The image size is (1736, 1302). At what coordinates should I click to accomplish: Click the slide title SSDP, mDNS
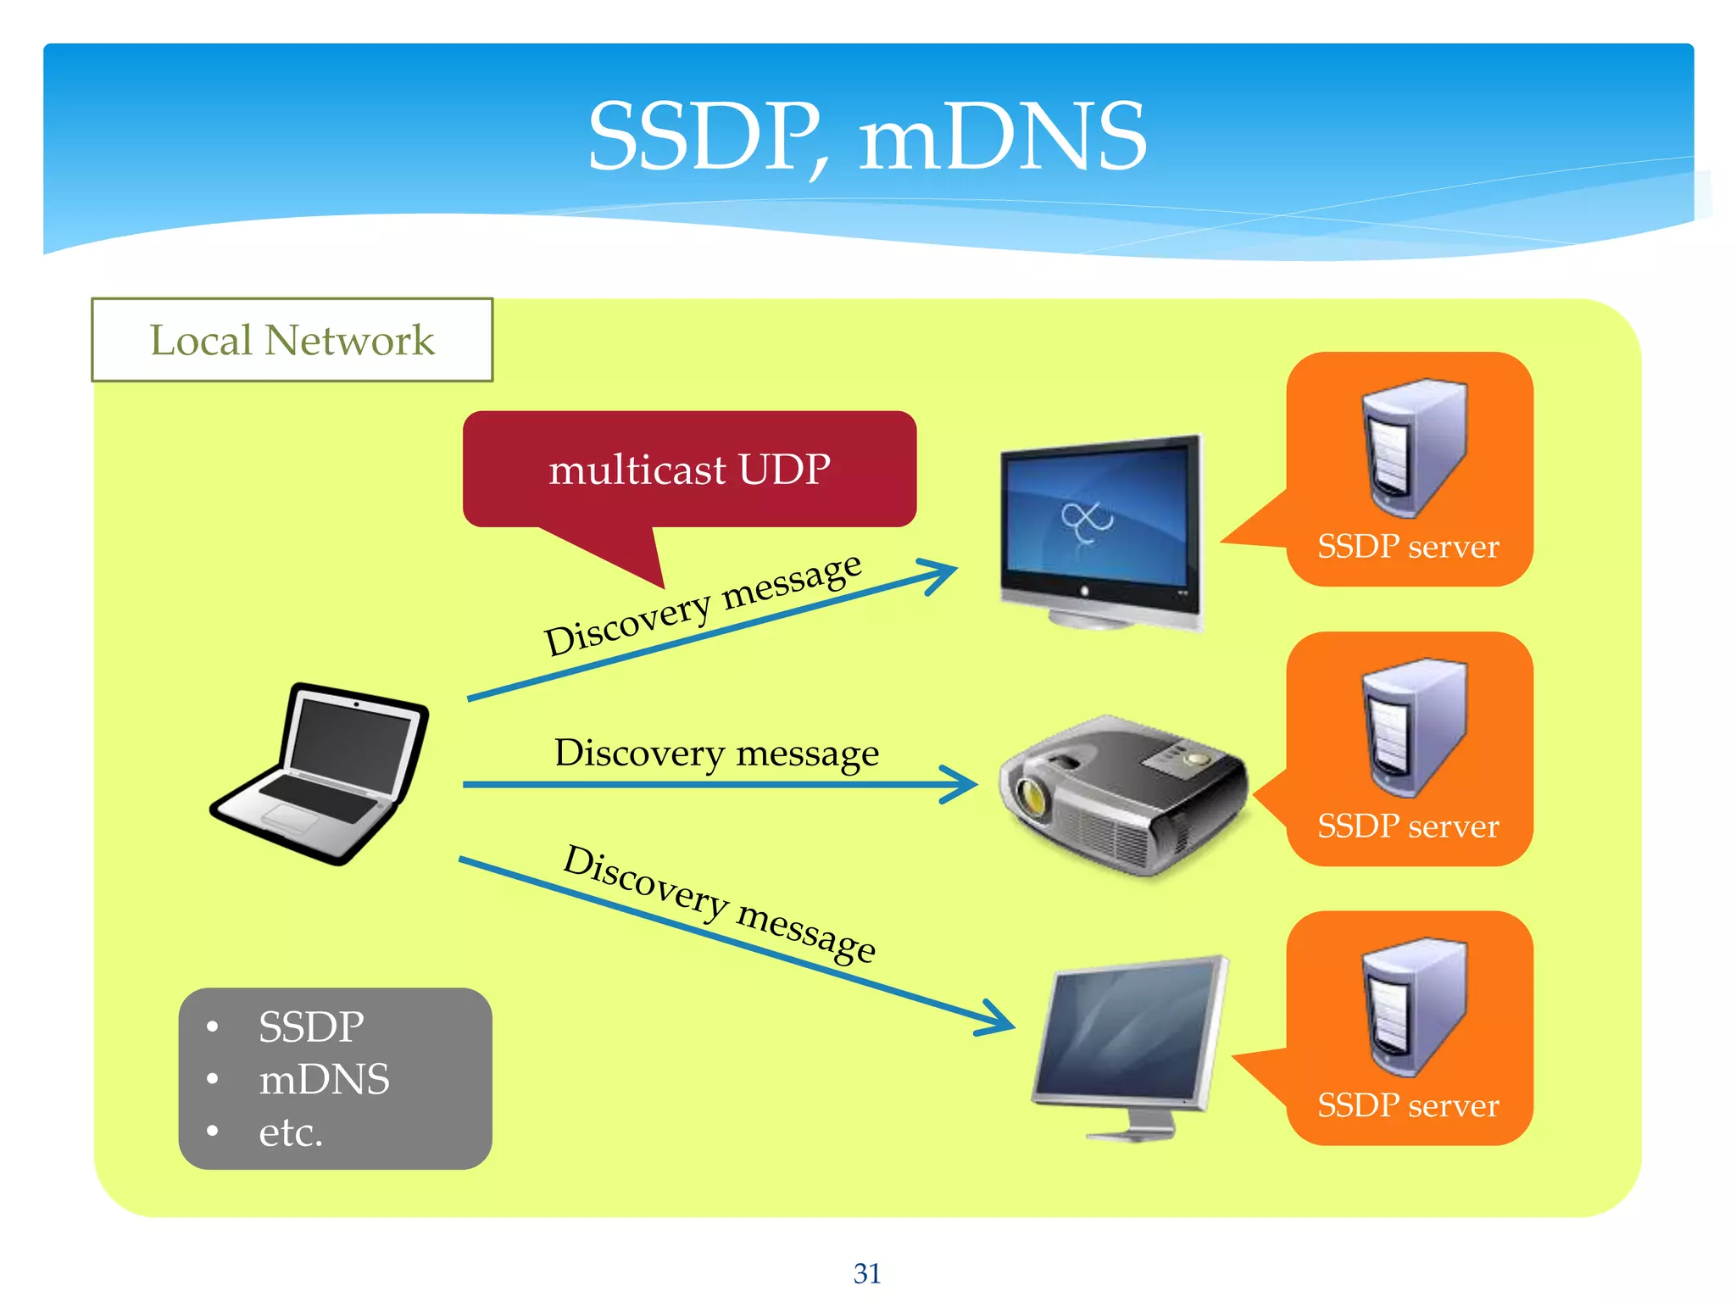866,136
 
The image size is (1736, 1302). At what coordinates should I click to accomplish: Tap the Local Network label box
292,340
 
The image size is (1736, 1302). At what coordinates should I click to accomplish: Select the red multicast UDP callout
688,469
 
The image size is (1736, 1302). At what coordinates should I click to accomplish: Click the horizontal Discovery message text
716,753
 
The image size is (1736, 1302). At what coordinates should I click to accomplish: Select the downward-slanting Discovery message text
719,904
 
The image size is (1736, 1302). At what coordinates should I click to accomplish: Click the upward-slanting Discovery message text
702,604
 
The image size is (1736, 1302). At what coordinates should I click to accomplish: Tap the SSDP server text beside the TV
1408,547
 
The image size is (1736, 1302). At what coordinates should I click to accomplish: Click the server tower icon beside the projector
1413,727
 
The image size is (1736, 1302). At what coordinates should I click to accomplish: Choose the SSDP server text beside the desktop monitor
1408,1105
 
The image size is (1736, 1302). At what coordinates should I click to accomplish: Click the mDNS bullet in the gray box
324,1080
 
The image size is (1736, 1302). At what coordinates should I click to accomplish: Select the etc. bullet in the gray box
291,1132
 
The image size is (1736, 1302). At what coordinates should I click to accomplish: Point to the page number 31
867,1273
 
